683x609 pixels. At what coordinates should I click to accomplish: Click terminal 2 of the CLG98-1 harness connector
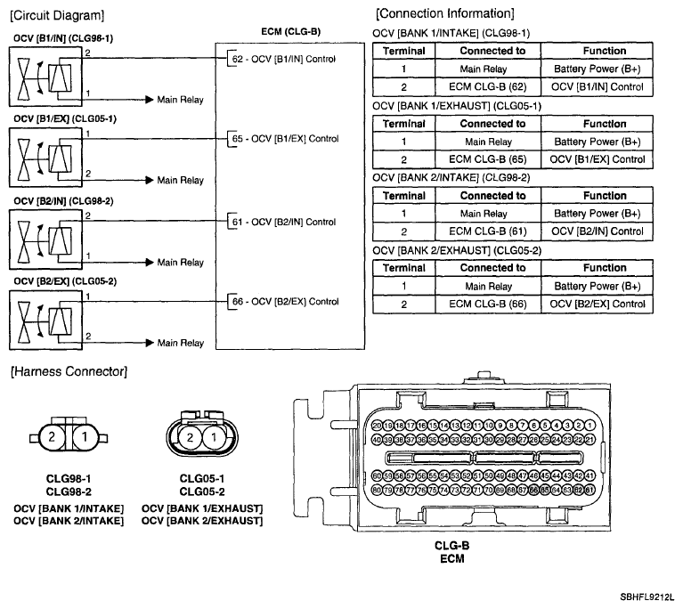coord(52,437)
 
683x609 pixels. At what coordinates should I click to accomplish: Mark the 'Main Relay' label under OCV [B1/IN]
coord(180,99)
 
